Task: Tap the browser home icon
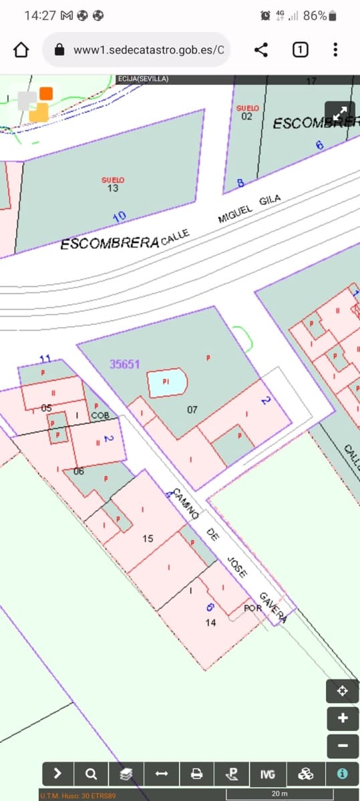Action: click(21, 49)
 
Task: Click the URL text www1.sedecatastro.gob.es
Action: click(148, 50)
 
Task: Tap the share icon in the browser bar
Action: click(261, 49)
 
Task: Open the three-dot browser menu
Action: click(335, 49)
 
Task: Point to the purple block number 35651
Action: click(125, 364)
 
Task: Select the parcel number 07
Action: click(192, 409)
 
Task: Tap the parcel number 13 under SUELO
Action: click(113, 189)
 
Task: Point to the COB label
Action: click(100, 415)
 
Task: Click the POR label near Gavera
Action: click(252, 608)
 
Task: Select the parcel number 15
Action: click(148, 538)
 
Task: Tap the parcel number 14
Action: click(211, 622)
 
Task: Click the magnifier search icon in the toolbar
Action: click(91, 774)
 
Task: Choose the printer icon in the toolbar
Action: click(196, 774)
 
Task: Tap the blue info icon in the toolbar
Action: click(342, 774)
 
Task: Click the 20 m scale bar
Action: click(280, 794)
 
